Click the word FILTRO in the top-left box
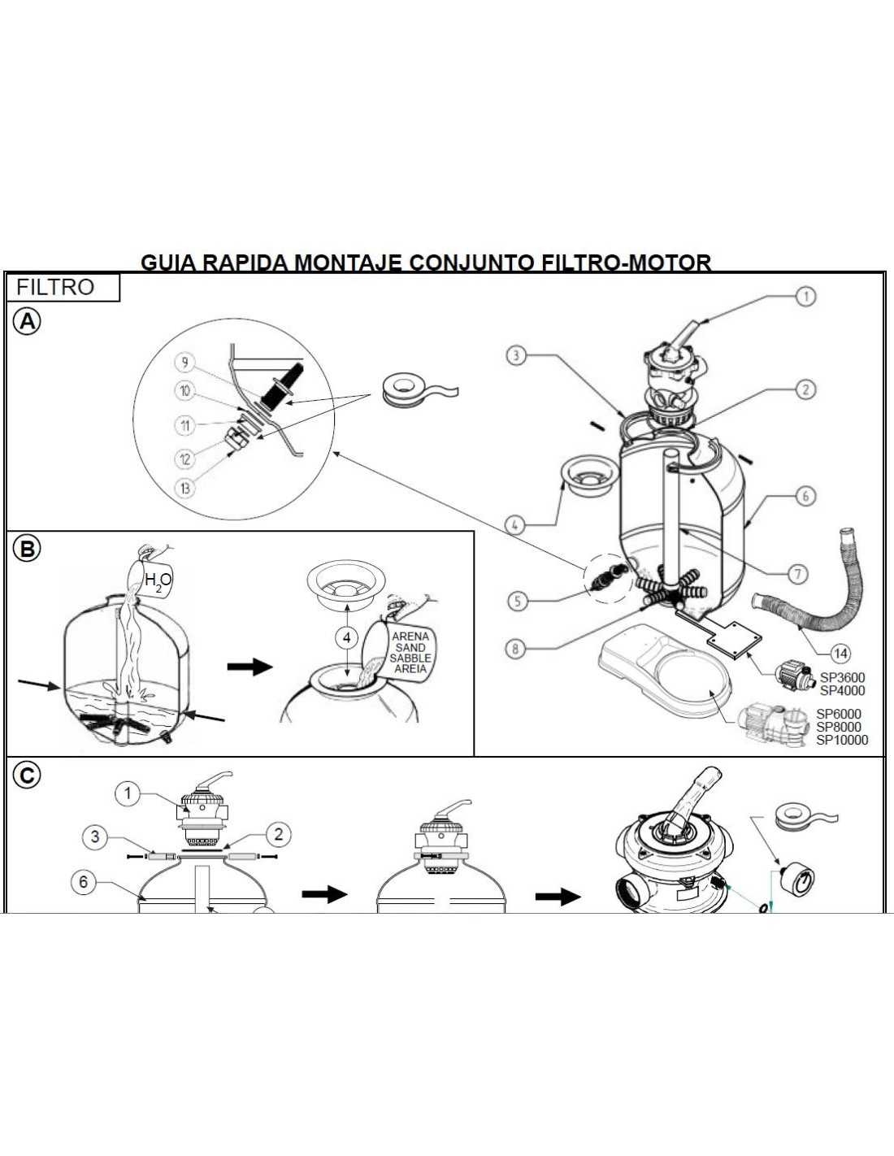pos(55,287)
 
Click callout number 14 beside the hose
pos(841,654)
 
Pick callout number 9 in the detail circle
pos(184,363)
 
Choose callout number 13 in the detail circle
pos(185,488)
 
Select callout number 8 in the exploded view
pos(515,649)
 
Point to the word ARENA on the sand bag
pos(410,637)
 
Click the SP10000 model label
pos(842,740)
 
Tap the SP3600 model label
pos(843,678)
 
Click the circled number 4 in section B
pos(347,637)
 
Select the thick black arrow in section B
pos(250,667)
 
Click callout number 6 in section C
pos(84,882)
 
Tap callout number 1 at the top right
pos(805,296)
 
